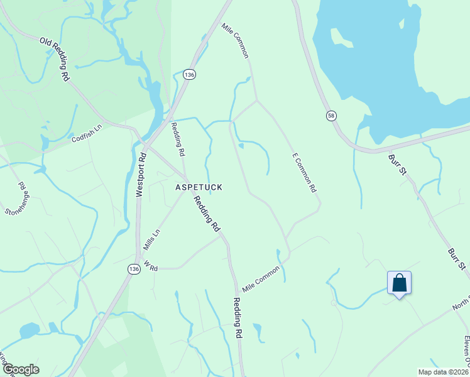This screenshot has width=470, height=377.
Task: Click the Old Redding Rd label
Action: [x=55, y=60]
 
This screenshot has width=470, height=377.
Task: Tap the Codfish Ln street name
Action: [x=86, y=133]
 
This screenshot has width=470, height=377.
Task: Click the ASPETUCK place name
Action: [x=199, y=187]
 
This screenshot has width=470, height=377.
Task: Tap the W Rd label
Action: [x=150, y=266]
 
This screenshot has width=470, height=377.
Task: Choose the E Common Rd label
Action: [x=303, y=172]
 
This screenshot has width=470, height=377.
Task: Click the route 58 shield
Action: [x=331, y=116]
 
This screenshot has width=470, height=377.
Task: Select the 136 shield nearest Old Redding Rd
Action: [x=189, y=74]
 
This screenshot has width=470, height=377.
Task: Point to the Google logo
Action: [x=20, y=369]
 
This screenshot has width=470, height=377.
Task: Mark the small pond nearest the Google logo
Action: [x=29, y=331]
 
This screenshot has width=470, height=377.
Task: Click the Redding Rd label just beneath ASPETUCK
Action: [x=207, y=212]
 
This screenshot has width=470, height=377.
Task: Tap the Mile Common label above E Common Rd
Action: [x=236, y=41]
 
